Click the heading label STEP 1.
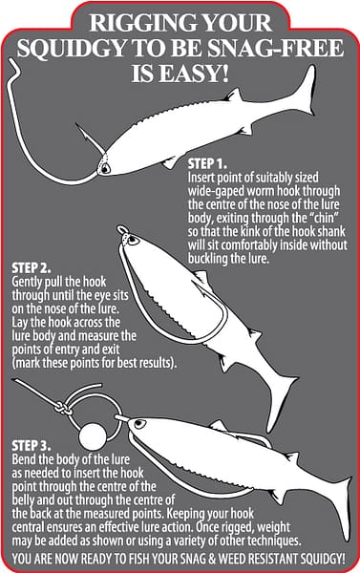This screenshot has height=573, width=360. pos(207,163)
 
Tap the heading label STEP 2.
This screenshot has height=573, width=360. pos(32,268)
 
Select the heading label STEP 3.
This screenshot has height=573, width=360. pos(32,446)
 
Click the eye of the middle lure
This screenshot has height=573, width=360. pos(133,241)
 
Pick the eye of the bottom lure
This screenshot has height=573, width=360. pos(138,424)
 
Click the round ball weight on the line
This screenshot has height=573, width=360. pos(93,436)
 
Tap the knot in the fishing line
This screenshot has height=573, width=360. pos(64,408)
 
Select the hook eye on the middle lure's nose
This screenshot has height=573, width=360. pos(121,230)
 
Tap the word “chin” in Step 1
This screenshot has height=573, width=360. pos(322,218)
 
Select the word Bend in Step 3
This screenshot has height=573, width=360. pos(23,459)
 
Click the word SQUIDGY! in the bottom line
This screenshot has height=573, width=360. pos(323,559)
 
